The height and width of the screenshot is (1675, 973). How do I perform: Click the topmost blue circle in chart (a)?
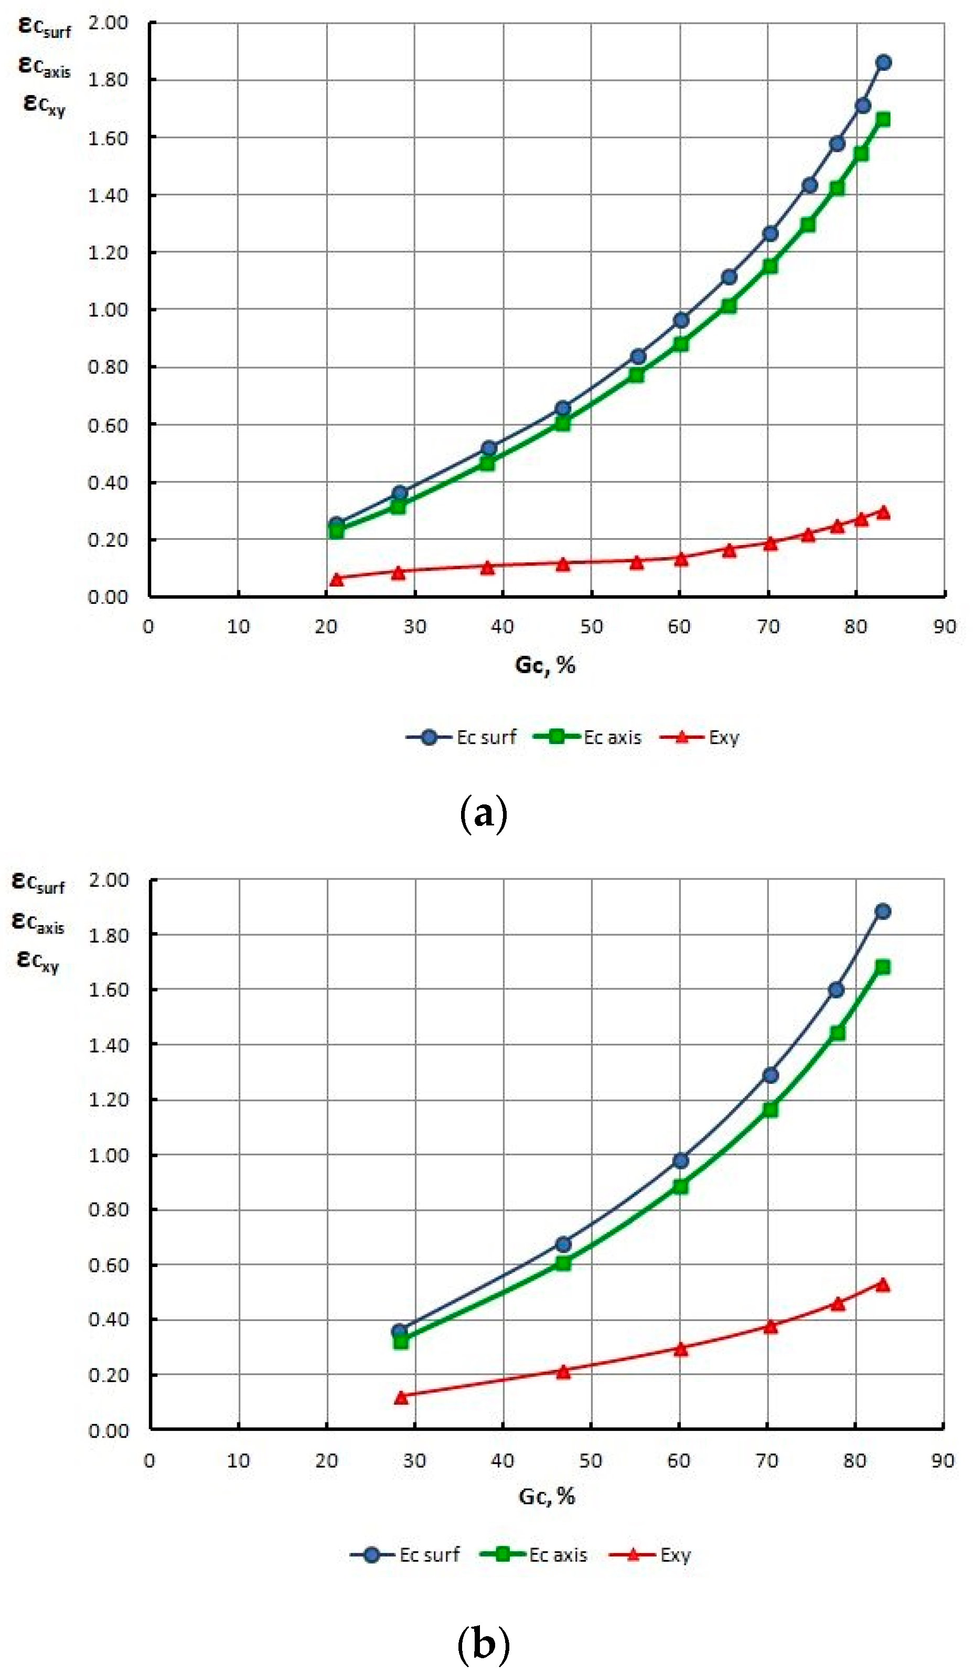point(883,62)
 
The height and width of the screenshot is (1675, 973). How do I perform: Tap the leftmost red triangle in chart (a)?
point(337,580)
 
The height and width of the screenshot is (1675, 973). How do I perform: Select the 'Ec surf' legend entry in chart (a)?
point(462,737)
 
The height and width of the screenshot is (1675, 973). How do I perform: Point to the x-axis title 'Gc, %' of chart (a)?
point(544,665)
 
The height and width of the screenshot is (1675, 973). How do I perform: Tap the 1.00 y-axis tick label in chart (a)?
point(108,310)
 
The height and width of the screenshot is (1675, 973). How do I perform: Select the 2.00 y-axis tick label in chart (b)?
point(108,880)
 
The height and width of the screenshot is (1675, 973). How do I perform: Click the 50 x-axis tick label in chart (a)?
point(591,627)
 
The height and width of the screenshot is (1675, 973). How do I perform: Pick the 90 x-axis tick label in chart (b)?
point(943,1461)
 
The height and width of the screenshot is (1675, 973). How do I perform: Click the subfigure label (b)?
point(484,1645)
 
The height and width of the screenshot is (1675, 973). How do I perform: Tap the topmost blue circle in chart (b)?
point(883,912)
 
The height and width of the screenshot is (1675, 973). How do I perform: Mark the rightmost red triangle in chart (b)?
point(883,1285)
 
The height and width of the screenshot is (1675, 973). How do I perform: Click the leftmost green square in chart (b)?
point(401,1342)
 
